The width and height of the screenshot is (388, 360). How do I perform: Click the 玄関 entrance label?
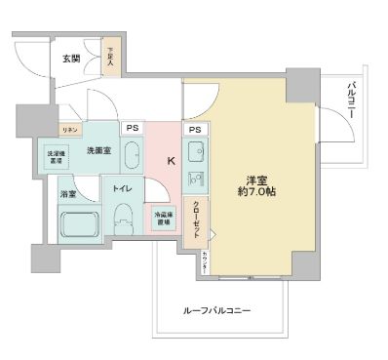point(70,59)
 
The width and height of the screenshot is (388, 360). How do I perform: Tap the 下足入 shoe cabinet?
point(111,59)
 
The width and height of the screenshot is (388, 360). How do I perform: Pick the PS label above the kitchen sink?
point(194,129)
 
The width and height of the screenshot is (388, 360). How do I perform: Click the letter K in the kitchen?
point(169,161)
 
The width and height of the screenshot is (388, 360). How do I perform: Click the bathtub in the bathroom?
point(79,223)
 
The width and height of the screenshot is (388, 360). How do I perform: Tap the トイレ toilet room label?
point(123,186)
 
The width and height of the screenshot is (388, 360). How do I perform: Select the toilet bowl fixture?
point(123,220)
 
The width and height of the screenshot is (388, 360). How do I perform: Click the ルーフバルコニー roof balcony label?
point(216,310)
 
